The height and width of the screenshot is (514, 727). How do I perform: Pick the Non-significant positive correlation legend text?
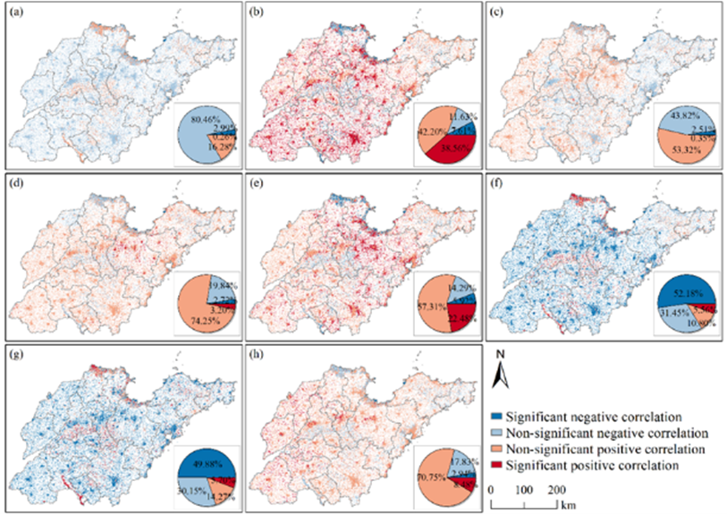tap(608, 450)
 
